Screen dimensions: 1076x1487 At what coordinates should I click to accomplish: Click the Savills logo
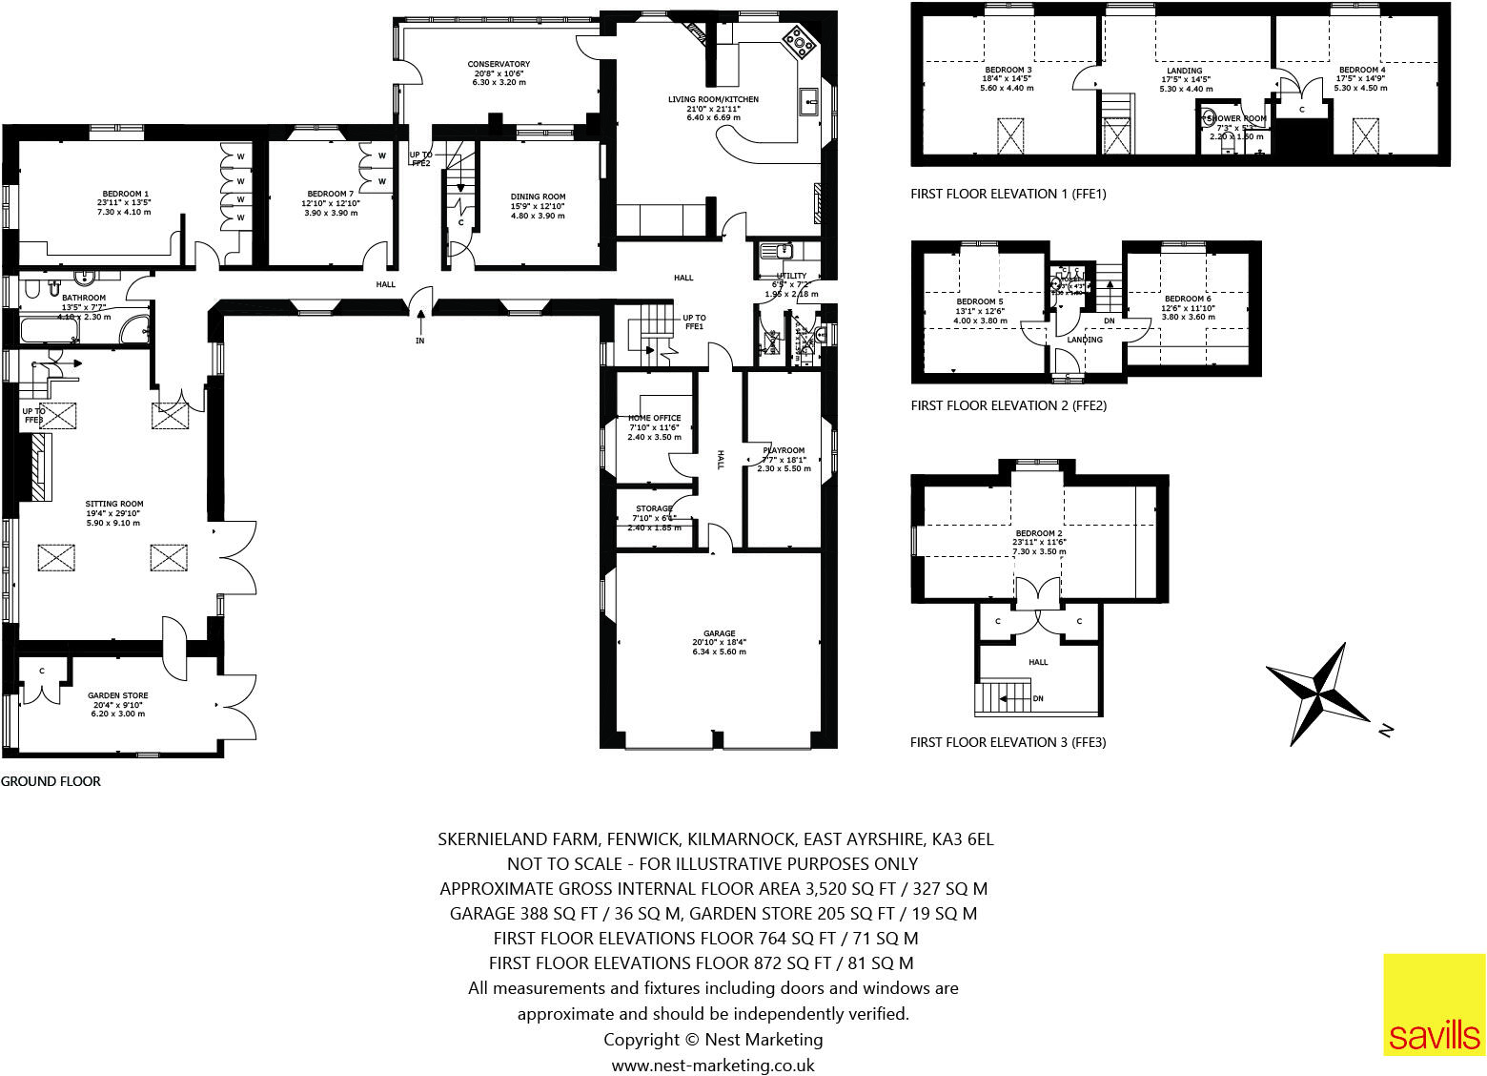pyautogui.click(x=1435, y=1005)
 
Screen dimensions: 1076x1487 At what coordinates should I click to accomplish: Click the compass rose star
pyautogui.click(x=1318, y=693)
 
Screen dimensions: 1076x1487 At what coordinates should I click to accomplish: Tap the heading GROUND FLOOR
pyautogui.click(x=51, y=781)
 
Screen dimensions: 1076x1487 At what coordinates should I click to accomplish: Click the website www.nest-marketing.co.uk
pyautogui.click(x=713, y=1065)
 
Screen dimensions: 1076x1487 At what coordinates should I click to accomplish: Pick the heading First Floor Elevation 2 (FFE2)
pyautogui.click(x=1008, y=405)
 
